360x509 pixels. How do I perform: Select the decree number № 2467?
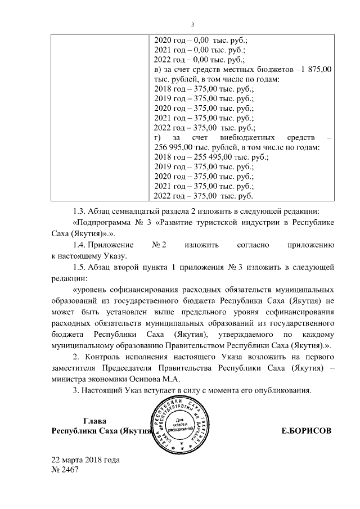(x=65, y=470)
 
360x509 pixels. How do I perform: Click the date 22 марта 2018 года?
(x=85, y=460)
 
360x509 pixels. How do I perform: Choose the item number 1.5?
(x=82, y=267)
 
